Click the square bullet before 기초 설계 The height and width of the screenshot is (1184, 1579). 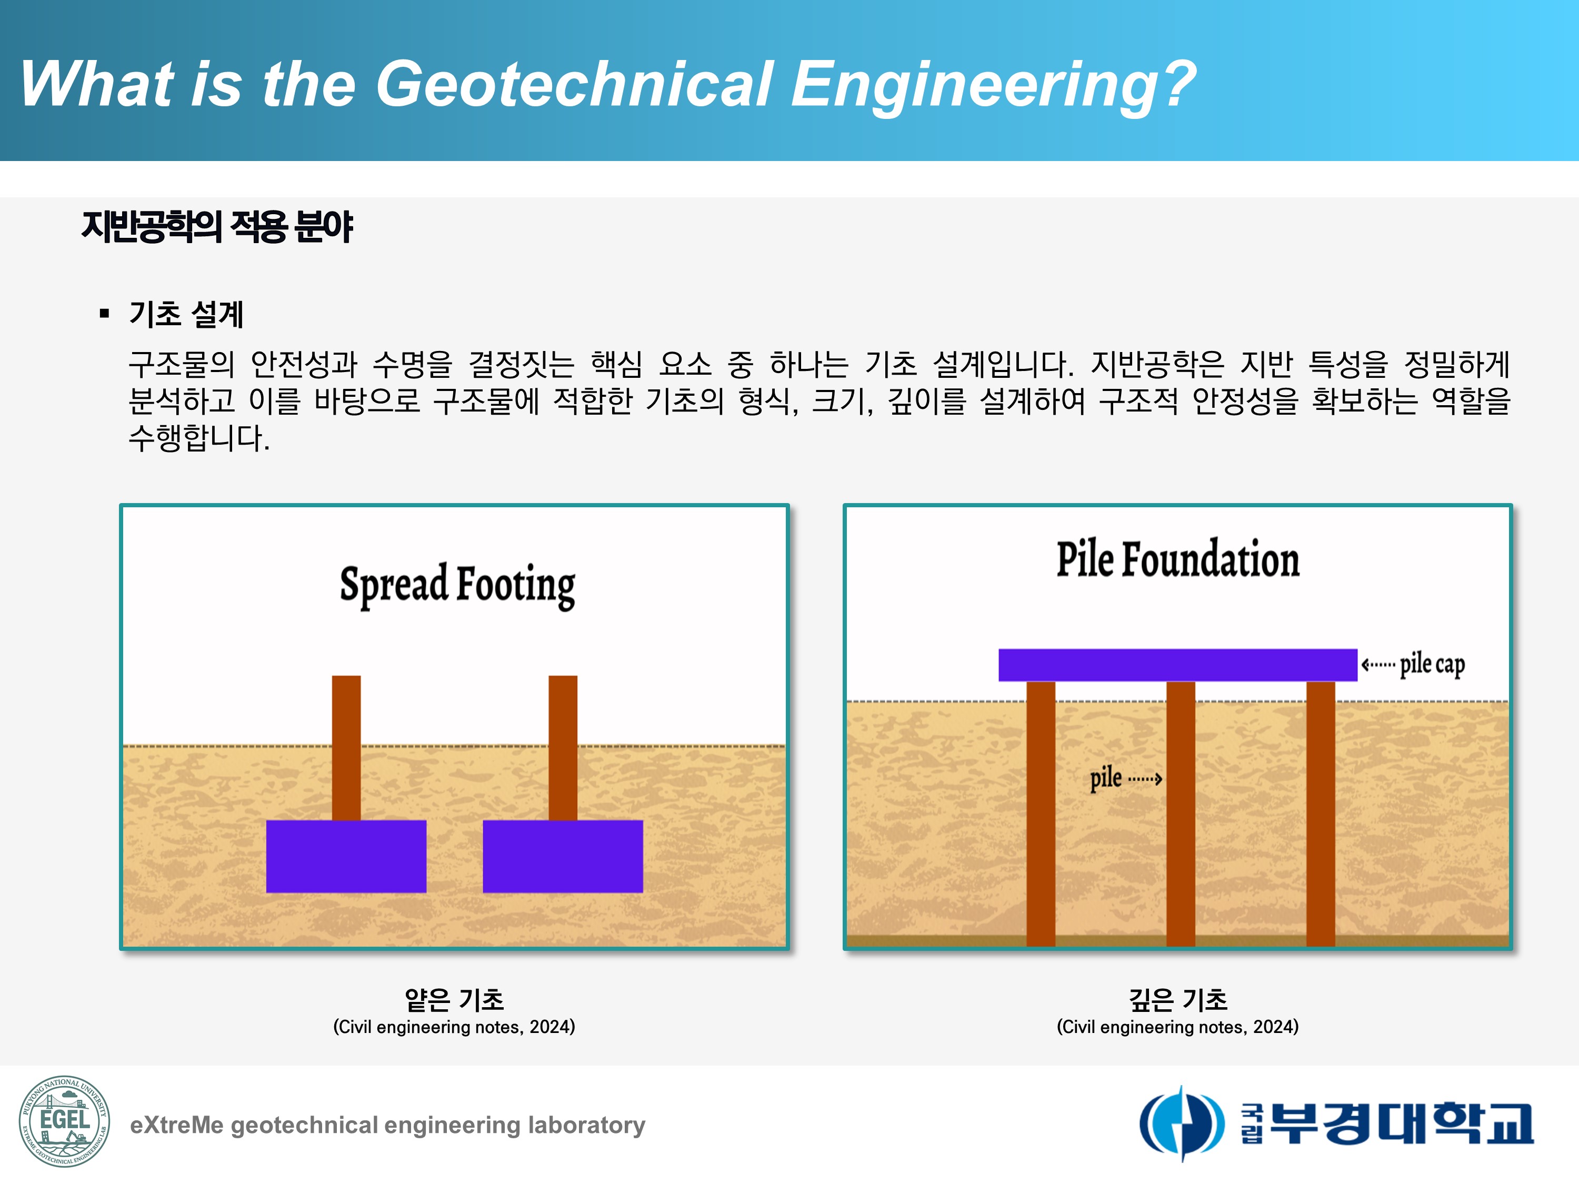coord(105,313)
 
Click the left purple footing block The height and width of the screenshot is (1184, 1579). coord(346,856)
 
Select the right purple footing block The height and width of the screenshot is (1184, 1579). coord(563,856)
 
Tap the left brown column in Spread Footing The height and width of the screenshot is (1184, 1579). coord(346,747)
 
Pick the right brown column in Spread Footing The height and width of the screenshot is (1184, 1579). coord(563,747)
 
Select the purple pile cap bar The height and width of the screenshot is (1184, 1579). coord(1178,665)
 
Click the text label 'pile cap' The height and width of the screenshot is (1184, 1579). coord(1432,665)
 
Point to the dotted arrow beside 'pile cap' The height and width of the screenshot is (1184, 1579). coord(1378,665)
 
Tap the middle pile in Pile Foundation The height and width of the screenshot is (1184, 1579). coord(1181,814)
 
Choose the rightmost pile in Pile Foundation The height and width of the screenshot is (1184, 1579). coord(1321,814)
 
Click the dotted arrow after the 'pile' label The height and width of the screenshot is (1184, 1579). coord(1145,779)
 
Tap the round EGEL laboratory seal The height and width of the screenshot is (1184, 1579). coord(64,1121)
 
